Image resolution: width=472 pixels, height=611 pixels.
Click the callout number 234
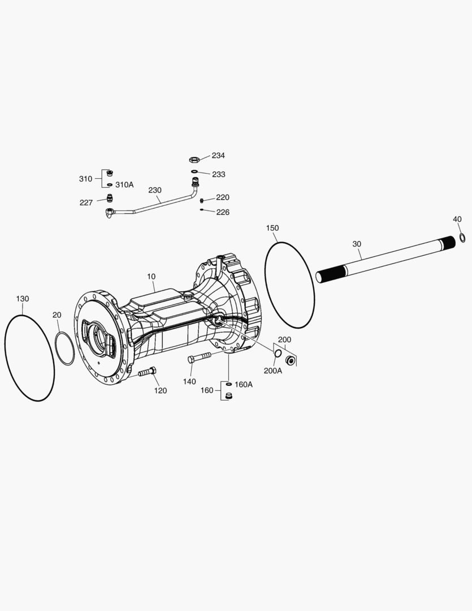(218, 156)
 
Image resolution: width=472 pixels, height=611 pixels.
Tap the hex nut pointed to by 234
(194, 160)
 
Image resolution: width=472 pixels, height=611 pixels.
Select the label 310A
(124, 184)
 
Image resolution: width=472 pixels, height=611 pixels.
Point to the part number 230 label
(155, 190)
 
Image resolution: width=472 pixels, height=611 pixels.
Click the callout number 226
(223, 212)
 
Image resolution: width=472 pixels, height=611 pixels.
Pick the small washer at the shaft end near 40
(462, 237)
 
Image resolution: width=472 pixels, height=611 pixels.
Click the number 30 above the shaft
(357, 244)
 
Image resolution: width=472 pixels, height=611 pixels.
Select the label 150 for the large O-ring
(272, 228)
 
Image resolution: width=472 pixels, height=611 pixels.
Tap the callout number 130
(23, 299)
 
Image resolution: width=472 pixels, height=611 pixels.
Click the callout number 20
(57, 315)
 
